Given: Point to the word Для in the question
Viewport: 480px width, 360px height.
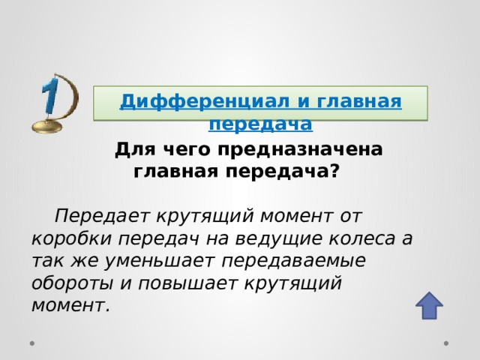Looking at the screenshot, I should coord(130,149).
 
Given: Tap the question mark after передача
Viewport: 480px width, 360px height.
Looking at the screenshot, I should coord(334,170).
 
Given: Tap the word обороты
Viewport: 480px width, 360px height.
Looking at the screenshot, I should coord(70,283).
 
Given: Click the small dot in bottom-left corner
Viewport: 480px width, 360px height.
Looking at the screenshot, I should coord(33,343).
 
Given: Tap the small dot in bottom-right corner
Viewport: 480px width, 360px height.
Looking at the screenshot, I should coord(447,343).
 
